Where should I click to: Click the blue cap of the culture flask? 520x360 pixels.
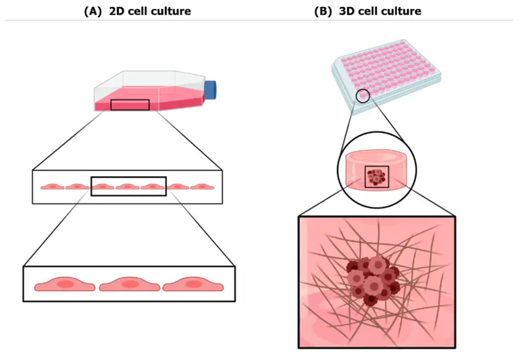tap(210, 90)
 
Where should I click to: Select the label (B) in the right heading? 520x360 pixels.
tap(323, 11)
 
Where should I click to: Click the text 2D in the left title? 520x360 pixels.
tap(117, 11)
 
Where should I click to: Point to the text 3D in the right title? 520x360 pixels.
tap(347, 11)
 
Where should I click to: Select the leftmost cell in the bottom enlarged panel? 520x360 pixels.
tap(65, 284)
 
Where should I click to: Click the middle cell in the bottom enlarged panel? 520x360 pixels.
tap(129, 284)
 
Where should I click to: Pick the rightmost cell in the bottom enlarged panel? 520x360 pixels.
tap(193, 284)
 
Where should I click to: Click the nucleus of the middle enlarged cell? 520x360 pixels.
tap(130, 284)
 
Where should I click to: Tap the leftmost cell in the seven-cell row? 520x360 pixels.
tap(53, 187)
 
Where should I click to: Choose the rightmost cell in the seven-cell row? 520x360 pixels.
tap(202, 187)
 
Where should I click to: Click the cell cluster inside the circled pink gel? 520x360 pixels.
tap(376, 177)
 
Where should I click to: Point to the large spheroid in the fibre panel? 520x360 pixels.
tap(373, 280)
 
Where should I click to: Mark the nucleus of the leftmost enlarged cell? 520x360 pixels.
tap(65, 284)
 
